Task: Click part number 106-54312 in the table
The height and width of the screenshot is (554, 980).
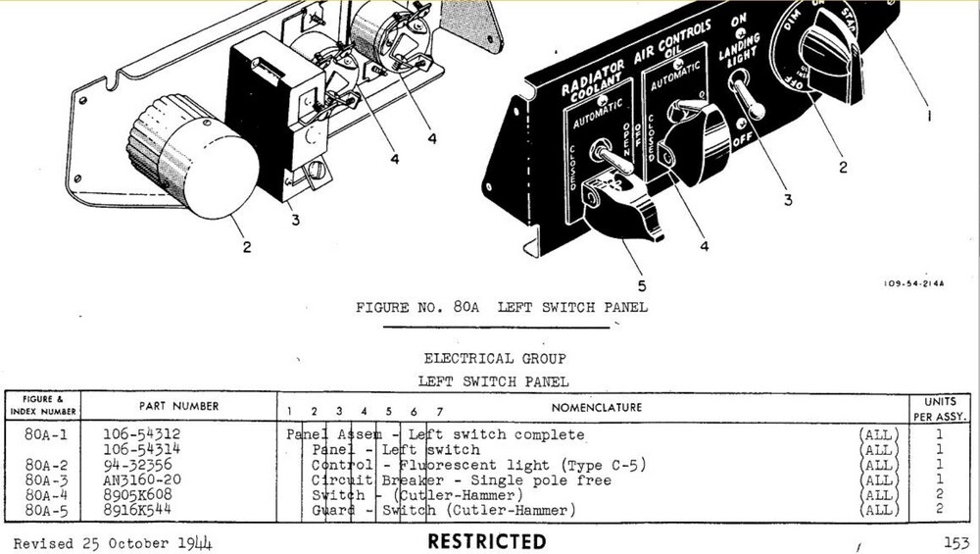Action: coord(142,433)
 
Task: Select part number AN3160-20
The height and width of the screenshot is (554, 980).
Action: coord(143,480)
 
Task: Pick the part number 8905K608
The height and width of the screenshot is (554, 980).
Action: coord(138,496)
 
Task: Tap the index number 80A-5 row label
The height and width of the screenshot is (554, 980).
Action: coord(46,511)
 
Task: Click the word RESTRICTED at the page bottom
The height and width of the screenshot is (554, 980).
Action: coord(486,541)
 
